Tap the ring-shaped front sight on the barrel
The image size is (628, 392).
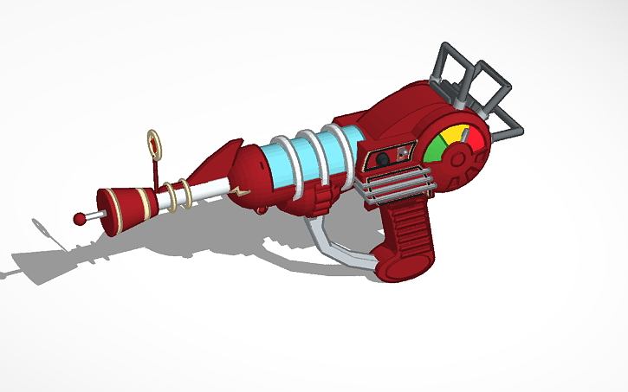(x=155, y=145)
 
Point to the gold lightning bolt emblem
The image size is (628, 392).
(x=242, y=189)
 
